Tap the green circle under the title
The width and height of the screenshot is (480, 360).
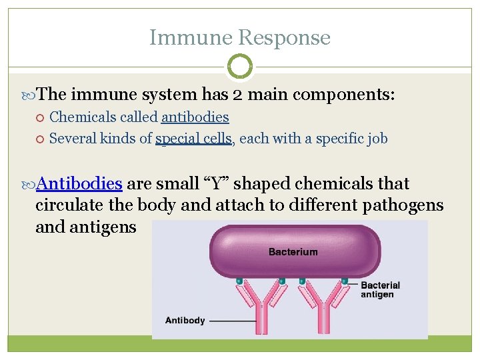point(240,67)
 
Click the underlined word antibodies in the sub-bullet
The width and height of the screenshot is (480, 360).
point(195,117)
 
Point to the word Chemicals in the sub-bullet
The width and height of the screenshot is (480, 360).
point(83,117)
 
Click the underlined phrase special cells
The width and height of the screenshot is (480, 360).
point(193,139)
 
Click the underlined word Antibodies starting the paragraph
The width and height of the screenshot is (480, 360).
point(79,183)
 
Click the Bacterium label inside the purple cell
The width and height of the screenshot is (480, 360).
point(293,252)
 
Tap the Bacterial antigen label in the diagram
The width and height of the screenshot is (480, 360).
point(380,289)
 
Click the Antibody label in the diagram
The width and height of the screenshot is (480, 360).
point(185,320)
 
